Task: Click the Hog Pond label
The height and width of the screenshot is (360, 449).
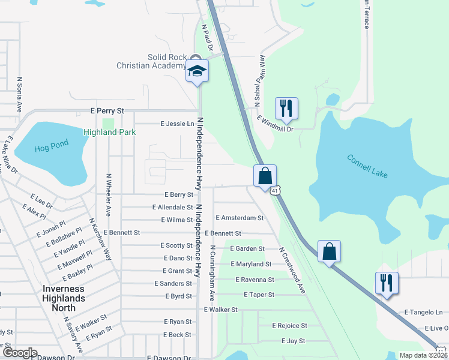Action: tap(52, 144)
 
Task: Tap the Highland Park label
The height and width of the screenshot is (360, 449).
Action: tap(110, 132)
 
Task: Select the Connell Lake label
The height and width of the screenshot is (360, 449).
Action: tap(367, 166)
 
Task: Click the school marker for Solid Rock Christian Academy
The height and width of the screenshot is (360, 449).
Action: tap(197, 71)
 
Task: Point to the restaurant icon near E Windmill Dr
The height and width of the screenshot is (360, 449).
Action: tap(286, 108)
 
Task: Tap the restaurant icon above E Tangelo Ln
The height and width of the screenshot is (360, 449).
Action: tap(387, 283)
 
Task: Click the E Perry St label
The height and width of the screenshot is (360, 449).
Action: tap(107, 111)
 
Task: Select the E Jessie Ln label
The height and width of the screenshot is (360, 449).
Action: tap(178, 124)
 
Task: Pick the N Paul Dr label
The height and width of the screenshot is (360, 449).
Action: tap(208, 37)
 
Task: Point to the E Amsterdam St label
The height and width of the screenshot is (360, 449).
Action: tap(239, 218)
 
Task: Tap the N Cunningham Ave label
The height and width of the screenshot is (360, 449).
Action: tap(212, 273)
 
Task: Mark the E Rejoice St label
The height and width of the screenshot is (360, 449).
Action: tap(289, 326)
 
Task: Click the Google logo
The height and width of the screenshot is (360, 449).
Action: tap(19, 353)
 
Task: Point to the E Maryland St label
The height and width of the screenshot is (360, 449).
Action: tap(251, 264)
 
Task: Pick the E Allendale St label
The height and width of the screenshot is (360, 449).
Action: tap(172, 207)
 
